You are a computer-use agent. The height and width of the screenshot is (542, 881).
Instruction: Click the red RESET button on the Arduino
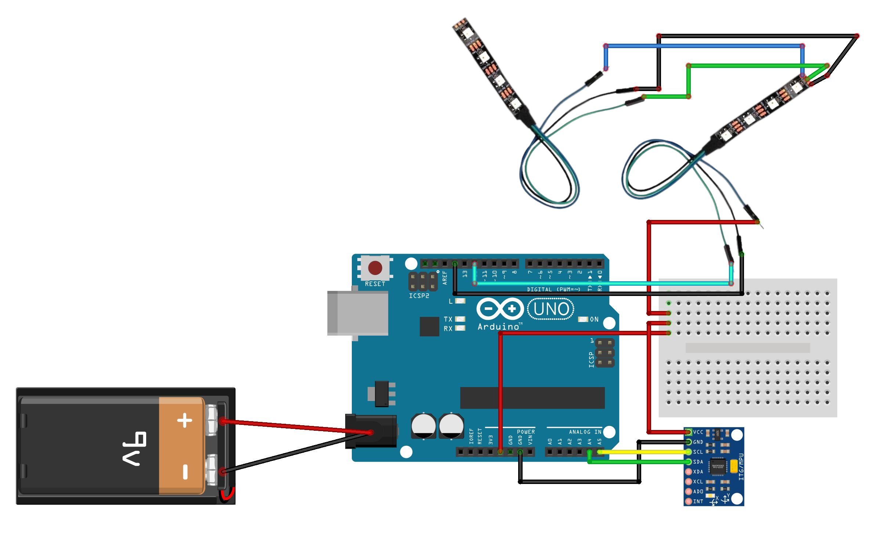point(375,268)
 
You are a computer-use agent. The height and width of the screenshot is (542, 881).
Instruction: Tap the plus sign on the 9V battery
point(184,420)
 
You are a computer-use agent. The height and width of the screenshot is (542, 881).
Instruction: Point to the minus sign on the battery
point(185,472)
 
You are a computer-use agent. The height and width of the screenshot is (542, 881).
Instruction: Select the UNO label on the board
point(551,309)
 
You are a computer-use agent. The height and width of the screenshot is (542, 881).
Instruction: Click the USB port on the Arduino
point(358,313)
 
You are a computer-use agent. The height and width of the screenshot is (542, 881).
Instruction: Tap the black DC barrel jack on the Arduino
point(371,431)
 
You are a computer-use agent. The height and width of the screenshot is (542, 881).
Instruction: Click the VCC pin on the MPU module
point(689,432)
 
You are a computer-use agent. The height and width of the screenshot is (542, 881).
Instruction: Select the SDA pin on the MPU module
point(689,462)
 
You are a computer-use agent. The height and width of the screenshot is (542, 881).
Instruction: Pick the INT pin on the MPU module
point(689,502)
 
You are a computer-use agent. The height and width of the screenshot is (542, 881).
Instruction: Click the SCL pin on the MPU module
point(689,452)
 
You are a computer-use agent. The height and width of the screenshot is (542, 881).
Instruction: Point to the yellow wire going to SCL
point(643,452)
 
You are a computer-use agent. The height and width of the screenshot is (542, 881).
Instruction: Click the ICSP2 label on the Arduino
point(419,296)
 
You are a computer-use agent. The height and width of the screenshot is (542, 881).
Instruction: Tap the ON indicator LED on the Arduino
point(583,319)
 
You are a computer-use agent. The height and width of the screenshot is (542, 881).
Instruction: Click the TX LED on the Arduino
point(460,319)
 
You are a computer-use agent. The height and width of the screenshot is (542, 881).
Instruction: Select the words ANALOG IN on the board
point(585,432)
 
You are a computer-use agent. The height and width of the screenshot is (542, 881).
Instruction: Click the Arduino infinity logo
point(500,309)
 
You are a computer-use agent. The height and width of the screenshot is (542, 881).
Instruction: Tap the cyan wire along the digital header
point(602,283)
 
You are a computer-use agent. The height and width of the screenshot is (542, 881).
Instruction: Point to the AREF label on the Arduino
point(445,278)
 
